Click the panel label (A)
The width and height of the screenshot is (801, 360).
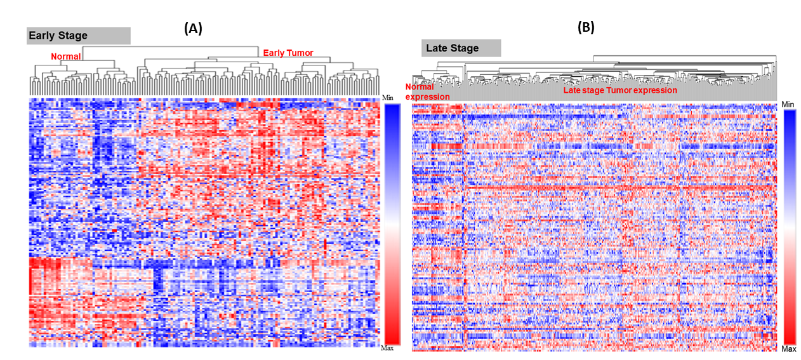click(x=193, y=28)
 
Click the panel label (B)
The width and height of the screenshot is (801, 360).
click(x=585, y=27)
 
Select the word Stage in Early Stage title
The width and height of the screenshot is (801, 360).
click(x=72, y=36)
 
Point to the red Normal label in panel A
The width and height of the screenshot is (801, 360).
click(x=66, y=57)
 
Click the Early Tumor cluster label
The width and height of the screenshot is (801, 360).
click(x=288, y=53)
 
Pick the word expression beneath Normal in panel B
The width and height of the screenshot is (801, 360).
click(x=427, y=97)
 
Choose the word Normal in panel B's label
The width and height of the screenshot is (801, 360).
click(x=420, y=87)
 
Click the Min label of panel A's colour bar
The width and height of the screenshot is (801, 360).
click(x=388, y=98)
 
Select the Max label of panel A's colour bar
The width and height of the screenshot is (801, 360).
click(x=387, y=349)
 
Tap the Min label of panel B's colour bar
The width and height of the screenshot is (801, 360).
click(x=788, y=104)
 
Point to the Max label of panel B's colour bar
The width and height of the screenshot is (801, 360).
click(x=788, y=350)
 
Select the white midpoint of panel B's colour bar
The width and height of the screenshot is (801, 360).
click(x=789, y=227)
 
